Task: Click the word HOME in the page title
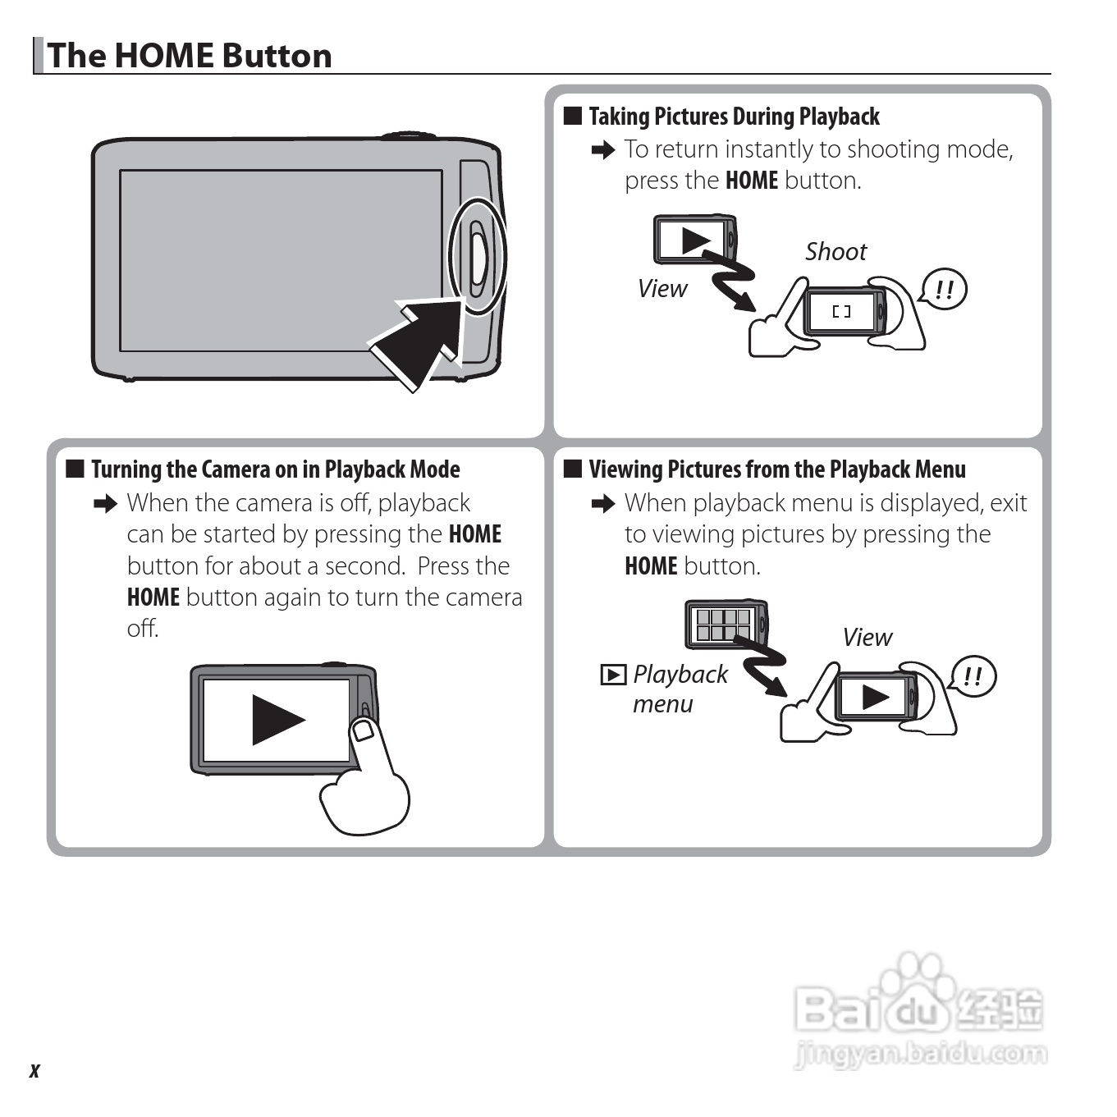pyautogui.click(x=165, y=56)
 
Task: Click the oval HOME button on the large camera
pyautogui.click(x=478, y=258)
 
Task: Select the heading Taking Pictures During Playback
pyautogui.click(x=734, y=116)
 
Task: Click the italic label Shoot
pyautogui.click(x=835, y=252)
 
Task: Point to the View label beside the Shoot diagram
pyautogui.click(x=662, y=289)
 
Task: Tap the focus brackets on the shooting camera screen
pyautogui.click(x=841, y=312)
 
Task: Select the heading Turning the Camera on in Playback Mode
pyautogui.click(x=275, y=469)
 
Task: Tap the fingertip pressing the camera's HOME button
pyautogui.click(x=363, y=729)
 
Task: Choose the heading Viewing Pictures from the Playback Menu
pyautogui.click(x=777, y=469)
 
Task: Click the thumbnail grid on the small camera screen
pyautogui.click(x=723, y=625)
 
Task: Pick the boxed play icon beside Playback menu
pyautogui.click(x=613, y=675)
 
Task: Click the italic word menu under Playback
pyautogui.click(x=662, y=704)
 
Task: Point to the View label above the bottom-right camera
pyautogui.click(x=868, y=637)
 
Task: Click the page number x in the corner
pyautogui.click(x=34, y=1070)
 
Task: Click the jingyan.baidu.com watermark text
pyautogui.click(x=922, y=1052)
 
